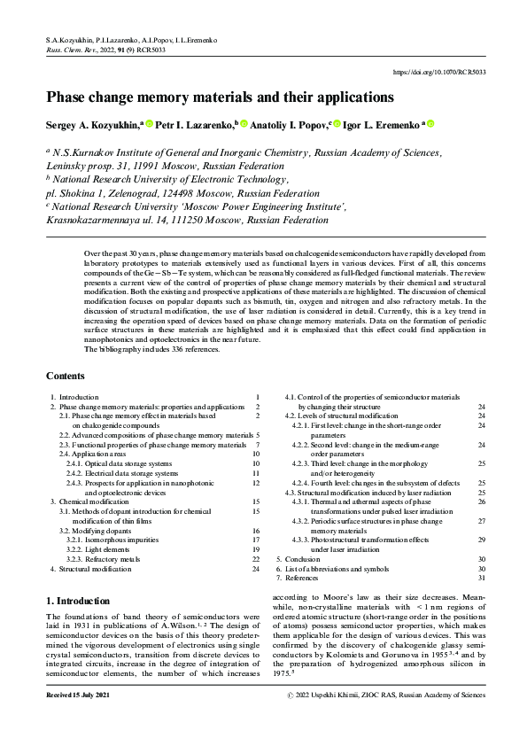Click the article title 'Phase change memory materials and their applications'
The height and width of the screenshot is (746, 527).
point(220,97)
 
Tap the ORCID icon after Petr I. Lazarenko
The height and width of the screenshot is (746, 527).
point(244,124)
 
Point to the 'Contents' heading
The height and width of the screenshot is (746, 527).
point(66,376)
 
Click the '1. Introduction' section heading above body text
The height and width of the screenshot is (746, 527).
point(79,601)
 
